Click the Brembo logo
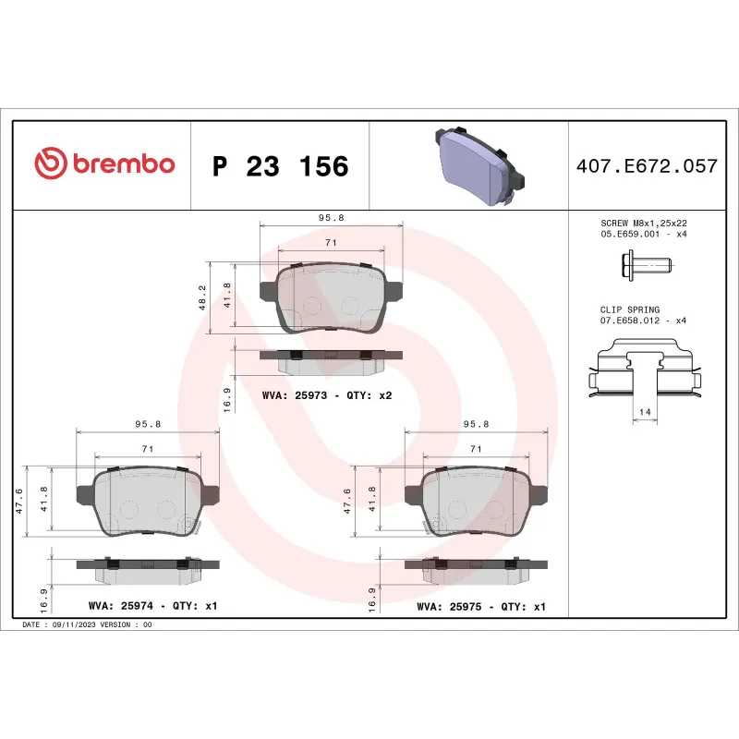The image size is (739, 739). coord(103,164)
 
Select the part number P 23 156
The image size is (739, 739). coord(280,166)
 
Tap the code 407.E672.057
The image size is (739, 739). coord(646,166)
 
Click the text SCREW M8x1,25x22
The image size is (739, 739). coord(644,223)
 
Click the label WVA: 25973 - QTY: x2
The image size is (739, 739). coord(327,395)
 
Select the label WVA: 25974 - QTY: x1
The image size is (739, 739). coord(152,607)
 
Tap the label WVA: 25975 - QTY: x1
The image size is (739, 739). coord(481,607)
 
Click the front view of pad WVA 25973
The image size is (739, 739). coord(331,298)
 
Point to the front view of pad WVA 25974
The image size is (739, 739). coord(147,503)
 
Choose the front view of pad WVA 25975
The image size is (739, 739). coord(476,503)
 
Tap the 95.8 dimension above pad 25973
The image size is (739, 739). coord(332,217)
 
